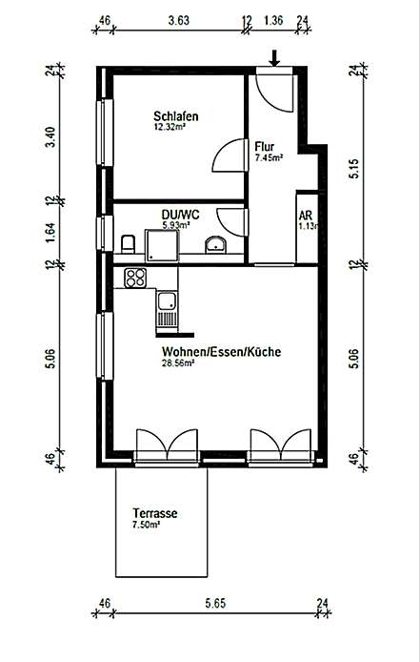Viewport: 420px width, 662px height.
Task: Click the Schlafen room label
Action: coord(176,115)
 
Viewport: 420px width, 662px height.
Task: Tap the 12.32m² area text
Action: coord(170,126)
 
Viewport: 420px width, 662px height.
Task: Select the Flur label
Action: coord(265,147)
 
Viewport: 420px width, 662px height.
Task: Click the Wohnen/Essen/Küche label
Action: coord(221,352)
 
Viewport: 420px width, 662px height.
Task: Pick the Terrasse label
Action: coord(154,514)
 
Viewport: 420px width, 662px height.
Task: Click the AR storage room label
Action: coord(306,215)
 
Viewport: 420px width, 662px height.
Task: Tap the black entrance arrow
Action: coord(274,58)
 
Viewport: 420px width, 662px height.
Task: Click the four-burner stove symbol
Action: coord(135,278)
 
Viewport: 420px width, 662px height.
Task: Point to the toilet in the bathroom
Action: coord(128,244)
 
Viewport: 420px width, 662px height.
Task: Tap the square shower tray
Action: coord(162,246)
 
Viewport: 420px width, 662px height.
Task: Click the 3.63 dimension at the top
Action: coord(178,20)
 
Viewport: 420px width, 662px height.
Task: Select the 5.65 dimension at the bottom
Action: coord(215,603)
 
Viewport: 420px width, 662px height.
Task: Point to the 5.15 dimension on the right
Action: coord(355,168)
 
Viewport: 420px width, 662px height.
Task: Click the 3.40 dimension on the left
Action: coord(50,136)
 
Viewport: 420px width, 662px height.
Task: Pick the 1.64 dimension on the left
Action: coord(50,233)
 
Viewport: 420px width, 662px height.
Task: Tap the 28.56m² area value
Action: coord(177,362)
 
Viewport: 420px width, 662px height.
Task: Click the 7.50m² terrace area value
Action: coord(147,525)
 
